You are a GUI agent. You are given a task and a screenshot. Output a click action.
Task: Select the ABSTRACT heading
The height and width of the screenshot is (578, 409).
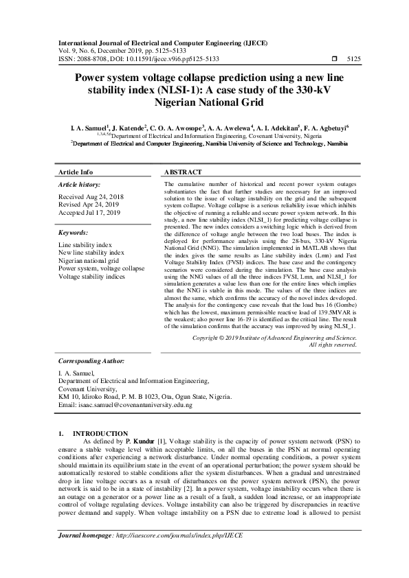coord(183,172)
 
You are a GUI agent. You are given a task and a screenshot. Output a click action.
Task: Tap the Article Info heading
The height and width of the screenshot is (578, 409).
coord(76,172)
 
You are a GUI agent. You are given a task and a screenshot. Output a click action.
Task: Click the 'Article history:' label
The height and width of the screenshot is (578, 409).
coord(79,185)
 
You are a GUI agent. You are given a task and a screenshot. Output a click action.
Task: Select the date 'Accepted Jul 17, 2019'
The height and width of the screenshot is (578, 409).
coord(89,213)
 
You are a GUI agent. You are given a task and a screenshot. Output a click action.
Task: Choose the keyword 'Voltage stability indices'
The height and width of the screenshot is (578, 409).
coord(91,277)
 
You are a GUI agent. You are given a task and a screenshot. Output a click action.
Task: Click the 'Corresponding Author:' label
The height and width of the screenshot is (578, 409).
coord(91,360)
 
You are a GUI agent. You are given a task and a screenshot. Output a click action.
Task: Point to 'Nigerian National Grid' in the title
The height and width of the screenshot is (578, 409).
coord(203,100)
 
